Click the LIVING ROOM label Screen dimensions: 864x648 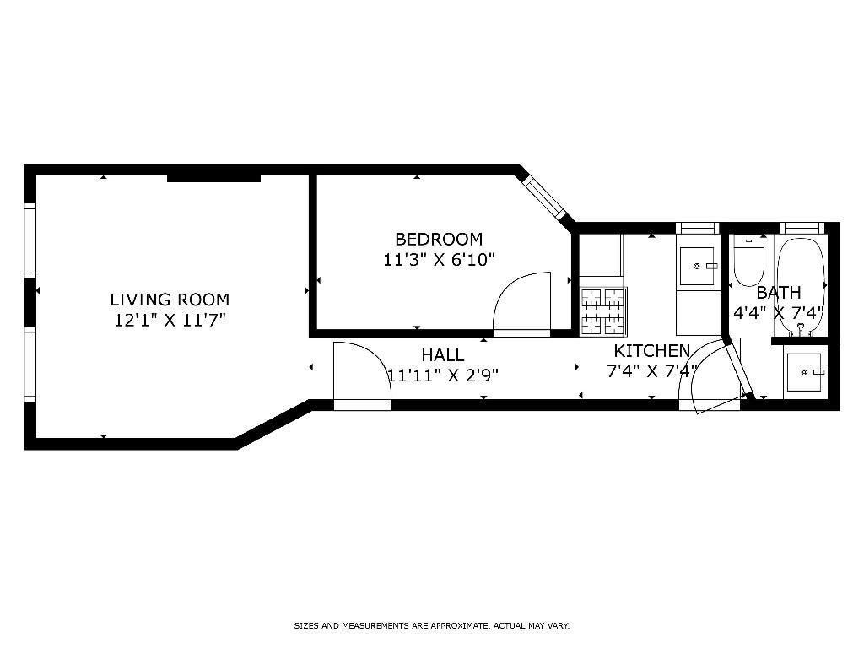[170, 300]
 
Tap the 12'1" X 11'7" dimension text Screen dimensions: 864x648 [170, 320]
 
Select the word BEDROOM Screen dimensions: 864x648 [439, 239]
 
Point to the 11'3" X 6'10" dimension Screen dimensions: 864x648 [439, 260]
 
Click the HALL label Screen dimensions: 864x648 [443, 355]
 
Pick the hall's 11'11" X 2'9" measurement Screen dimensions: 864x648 [443, 375]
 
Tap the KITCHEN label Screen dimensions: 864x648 [652, 350]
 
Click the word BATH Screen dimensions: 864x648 [779, 292]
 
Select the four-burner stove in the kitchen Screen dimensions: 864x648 [602, 311]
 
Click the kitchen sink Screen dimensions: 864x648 [698, 267]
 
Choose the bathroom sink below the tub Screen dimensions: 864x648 [806, 372]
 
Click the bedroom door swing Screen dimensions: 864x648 [521, 304]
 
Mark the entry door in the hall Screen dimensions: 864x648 [362, 375]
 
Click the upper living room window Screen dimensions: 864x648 [30, 240]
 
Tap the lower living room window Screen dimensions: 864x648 [30, 364]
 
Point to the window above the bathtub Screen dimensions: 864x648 [802, 228]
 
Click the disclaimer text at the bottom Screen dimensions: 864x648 [431, 625]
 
